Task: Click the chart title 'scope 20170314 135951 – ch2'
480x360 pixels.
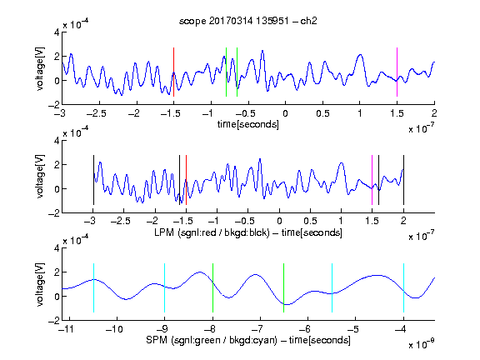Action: tap(248, 21)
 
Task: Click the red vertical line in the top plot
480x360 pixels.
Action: tap(173, 72)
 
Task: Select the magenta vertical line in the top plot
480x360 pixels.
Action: tap(397, 72)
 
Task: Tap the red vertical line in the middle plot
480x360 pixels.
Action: tap(186, 180)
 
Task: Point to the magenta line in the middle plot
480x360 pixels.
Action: tap(372, 180)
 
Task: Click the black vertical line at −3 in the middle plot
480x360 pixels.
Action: tap(93, 180)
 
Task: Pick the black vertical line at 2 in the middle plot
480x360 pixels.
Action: tap(403, 180)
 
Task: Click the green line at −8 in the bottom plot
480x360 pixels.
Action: tap(212, 287)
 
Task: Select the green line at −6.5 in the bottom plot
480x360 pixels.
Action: tap(284, 287)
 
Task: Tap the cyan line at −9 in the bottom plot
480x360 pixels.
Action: tap(165, 287)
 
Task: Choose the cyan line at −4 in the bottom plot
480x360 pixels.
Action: tap(403, 287)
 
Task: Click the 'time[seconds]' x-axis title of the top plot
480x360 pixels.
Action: tap(248, 124)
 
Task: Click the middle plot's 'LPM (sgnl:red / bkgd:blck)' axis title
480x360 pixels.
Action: tap(212, 232)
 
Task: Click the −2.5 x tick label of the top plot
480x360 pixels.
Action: tap(96, 113)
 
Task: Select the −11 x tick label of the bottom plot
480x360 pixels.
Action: tap(66, 329)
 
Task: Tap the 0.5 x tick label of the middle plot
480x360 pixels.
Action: tap(310, 221)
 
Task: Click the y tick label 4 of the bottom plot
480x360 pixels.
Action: tap(57, 248)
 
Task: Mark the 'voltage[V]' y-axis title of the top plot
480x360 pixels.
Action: tap(40, 68)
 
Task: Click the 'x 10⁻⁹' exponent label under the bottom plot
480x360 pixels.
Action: tap(422, 344)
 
